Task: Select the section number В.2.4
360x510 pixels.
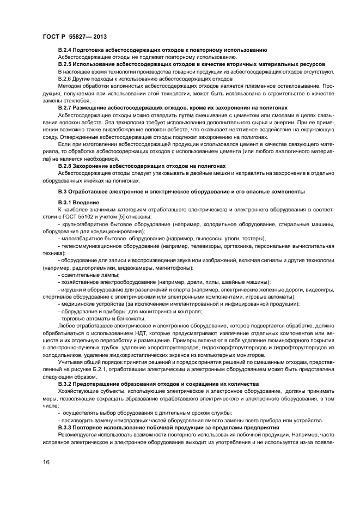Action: click(x=66, y=50)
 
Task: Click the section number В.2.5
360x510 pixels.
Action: click(x=66, y=64)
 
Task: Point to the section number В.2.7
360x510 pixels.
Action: click(x=66, y=108)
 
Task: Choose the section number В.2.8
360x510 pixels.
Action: click(x=66, y=165)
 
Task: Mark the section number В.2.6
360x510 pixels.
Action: click(x=66, y=79)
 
